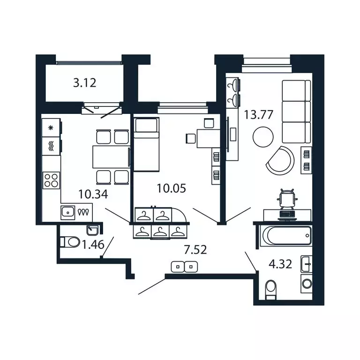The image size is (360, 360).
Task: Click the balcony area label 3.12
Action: coord(85,83)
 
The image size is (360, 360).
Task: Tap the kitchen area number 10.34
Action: coord(92,194)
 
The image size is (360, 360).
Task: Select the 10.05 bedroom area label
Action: coord(171,188)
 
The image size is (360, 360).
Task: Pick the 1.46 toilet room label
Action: coord(92,244)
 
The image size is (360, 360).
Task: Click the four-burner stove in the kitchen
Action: coord(51,180)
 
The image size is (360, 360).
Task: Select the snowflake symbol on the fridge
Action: coord(51,127)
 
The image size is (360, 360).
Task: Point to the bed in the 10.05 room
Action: coord(146,145)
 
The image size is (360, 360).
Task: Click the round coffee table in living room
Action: coord(262,137)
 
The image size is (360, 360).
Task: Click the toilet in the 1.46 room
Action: coord(70,242)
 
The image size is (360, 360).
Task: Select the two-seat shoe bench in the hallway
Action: coord(185,267)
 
